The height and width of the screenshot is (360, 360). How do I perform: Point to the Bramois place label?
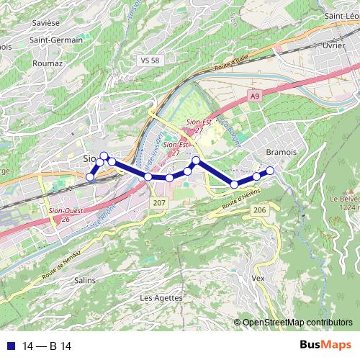(281, 153)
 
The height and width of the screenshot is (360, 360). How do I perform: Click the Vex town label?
(259, 277)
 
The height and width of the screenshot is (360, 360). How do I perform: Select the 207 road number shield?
(158, 204)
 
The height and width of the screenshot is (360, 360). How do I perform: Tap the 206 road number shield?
(259, 210)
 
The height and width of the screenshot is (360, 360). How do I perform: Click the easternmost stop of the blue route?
(271, 170)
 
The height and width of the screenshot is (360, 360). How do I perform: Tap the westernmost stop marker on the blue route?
(90, 177)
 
